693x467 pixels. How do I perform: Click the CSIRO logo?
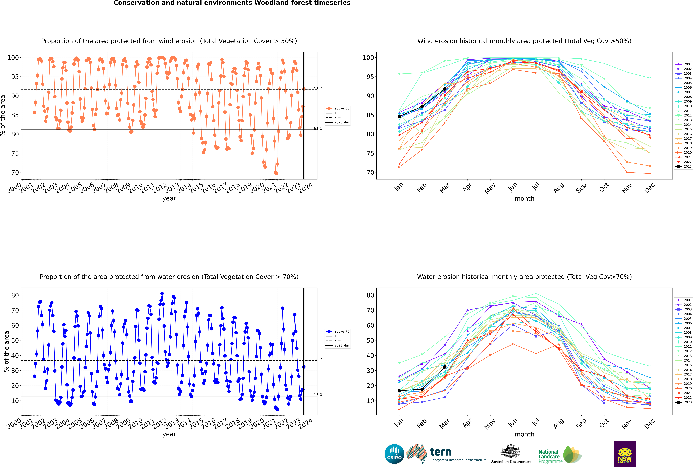(394, 454)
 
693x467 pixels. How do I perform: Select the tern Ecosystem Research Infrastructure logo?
(446, 454)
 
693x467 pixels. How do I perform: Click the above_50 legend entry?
(338, 108)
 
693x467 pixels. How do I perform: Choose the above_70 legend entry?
(338, 332)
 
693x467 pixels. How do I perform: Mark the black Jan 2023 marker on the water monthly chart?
(399, 391)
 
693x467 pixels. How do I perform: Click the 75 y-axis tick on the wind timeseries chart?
(15, 153)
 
